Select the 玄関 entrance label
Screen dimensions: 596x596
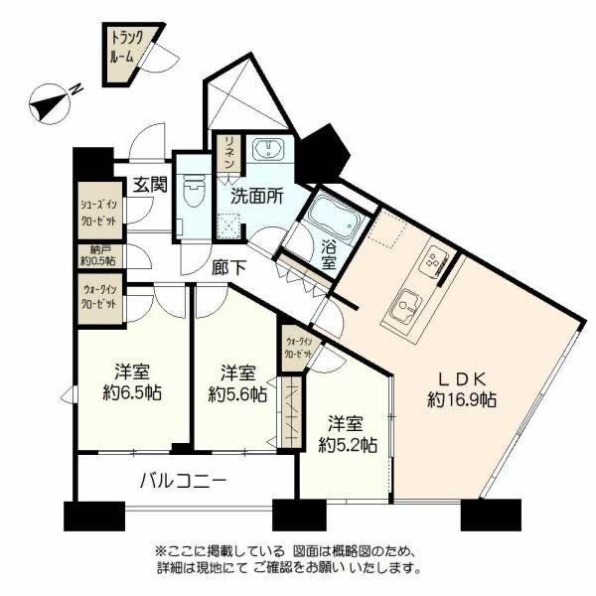tap(150, 186)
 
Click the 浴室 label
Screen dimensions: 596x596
tap(330, 254)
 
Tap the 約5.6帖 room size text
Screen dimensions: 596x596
tap(236, 392)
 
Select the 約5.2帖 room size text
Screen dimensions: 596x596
tap(346, 443)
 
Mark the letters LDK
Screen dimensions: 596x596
tap(463, 377)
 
